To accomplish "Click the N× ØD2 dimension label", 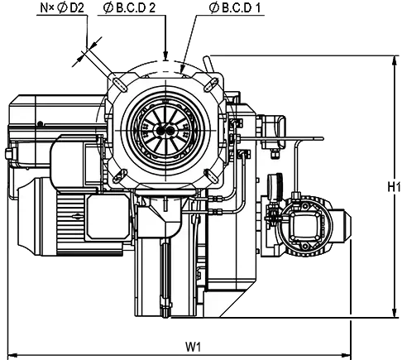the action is (62, 8).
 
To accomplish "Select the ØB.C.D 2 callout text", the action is (129, 8).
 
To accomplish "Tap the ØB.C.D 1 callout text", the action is (234, 8).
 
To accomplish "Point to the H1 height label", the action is (394, 187).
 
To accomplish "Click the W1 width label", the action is (193, 347).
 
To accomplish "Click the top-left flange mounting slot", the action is (119, 84).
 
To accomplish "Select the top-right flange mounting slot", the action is (211, 84).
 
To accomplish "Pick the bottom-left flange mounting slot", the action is (120, 175).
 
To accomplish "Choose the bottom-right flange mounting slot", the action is (212, 175).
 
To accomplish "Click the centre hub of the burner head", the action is (165, 131).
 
